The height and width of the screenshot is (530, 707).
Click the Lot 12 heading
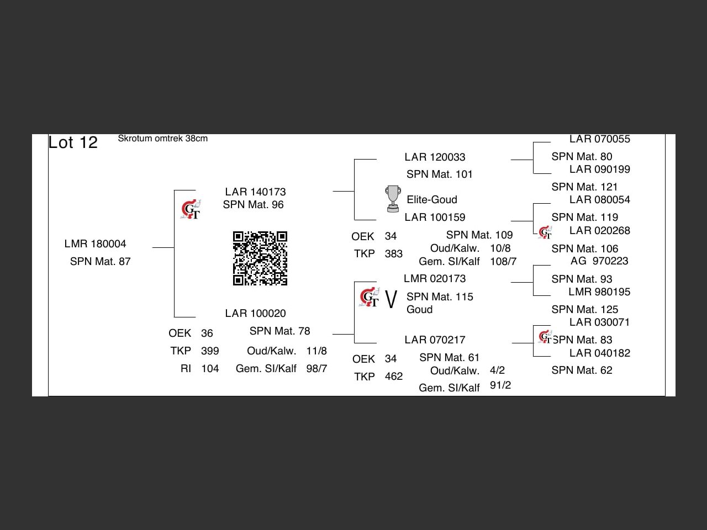[x=73, y=142]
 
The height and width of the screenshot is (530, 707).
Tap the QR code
[x=260, y=258]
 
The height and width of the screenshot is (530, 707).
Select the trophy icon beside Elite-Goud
[x=392, y=199]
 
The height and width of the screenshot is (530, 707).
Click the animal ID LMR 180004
[x=95, y=244]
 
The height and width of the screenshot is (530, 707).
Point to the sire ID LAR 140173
[x=255, y=192]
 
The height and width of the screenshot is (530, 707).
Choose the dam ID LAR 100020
[x=255, y=314]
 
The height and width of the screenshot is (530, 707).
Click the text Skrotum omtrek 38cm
[x=162, y=139]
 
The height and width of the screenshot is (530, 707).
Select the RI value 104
[x=210, y=369]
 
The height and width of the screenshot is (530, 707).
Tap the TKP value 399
[x=210, y=351]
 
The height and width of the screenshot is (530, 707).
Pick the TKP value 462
[x=393, y=377]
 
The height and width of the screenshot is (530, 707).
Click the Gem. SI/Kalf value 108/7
[x=503, y=262]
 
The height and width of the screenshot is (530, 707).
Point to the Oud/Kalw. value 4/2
[x=497, y=370]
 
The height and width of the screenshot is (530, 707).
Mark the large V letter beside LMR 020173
[x=391, y=300]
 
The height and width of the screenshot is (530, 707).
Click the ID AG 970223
[x=599, y=261]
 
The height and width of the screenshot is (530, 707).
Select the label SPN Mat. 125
[x=584, y=310]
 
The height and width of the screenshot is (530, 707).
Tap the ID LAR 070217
[x=435, y=340]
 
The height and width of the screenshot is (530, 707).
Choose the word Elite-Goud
[x=432, y=200]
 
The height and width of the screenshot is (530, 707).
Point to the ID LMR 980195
[x=599, y=292]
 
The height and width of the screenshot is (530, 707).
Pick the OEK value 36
[x=207, y=333]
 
